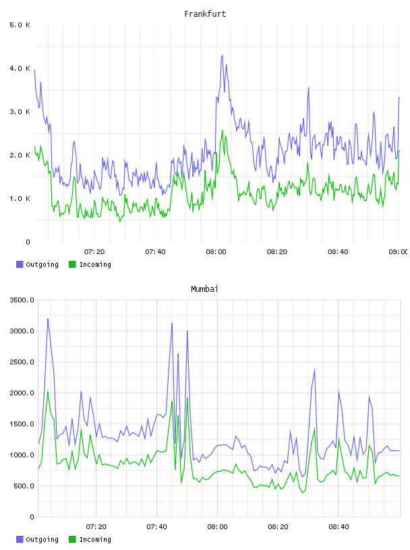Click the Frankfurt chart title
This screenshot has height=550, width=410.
tap(205, 14)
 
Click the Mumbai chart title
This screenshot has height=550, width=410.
tap(204, 289)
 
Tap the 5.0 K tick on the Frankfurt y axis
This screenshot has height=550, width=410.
tap(20, 25)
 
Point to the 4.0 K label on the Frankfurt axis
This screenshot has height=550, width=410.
tap(20, 68)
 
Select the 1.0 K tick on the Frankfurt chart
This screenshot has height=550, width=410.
tap(20, 199)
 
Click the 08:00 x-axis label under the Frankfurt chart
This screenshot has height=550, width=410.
tap(216, 252)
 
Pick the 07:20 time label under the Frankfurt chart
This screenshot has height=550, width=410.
tap(94, 252)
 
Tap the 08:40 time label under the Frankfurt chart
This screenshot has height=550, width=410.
tap(338, 252)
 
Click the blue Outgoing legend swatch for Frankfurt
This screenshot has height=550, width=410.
tap(20, 264)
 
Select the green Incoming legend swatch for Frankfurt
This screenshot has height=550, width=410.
tap(72, 264)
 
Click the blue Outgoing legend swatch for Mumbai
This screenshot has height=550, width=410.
tap(20, 539)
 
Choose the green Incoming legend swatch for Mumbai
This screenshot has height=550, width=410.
tap(72, 539)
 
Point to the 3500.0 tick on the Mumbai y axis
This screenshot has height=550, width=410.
tap(22, 300)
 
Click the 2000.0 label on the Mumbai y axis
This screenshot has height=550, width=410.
tap(22, 393)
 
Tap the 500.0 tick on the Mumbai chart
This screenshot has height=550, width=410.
tap(24, 486)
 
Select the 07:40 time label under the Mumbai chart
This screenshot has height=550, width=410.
tap(156, 527)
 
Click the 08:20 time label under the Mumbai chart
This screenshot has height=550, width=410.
tap(278, 527)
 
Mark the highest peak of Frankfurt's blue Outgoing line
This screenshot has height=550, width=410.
tap(222, 55)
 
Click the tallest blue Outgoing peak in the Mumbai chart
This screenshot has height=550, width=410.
tap(48, 319)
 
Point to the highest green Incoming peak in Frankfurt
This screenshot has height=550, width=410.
tap(223, 131)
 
